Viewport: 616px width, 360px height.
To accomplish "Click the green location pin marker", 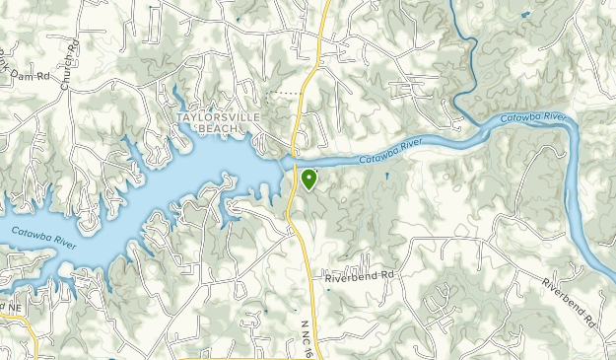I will (x=309, y=179).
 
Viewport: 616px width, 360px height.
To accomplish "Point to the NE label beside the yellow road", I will (x=14, y=308).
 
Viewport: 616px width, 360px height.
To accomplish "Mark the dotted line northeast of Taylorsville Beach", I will (x=287, y=93).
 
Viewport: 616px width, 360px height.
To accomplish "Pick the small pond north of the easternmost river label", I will (x=523, y=14).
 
